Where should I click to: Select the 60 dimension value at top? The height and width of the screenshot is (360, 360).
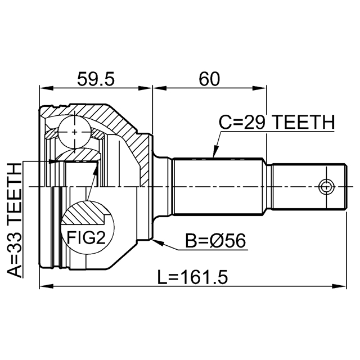(209, 79)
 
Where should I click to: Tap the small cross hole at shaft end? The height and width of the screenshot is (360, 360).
(326, 186)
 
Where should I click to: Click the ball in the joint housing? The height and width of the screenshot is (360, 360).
(74, 130)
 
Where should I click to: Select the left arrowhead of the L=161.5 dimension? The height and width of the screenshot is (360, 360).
(43, 287)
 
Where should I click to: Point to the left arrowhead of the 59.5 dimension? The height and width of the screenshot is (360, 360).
(43, 88)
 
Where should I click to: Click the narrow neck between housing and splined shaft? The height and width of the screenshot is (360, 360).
(164, 186)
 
